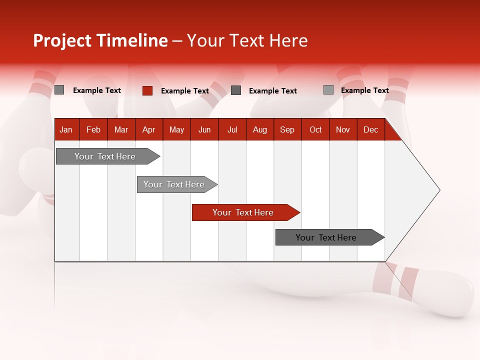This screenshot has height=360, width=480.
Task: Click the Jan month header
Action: pyautogui.click(x=66, y=129)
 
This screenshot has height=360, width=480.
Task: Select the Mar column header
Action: pyautogui.click(x=121, y=129)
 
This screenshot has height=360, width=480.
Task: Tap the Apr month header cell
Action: pyautogui.click(x=148, y=129)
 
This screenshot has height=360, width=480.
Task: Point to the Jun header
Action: pyautogui.click(x=204, y=129)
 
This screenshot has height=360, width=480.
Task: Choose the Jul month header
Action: pyautogui.click(x=232, y=129)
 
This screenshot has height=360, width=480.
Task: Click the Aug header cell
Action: pyautogui.click(x=259, y=129)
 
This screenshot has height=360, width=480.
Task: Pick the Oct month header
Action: pyautogui.click(x=315, y=129)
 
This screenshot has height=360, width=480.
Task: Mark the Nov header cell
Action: pyautogui.click(x=343, y=129)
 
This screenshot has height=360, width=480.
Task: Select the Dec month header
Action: pyautogui.click(x=370, y=129)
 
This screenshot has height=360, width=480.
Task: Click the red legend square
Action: pyautogui.click(x=147, y=90)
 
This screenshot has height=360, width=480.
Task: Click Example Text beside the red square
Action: pyautogui.click(x=184, y=91)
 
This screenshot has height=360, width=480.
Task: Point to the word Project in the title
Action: pyautogui.click(x=61, y=40)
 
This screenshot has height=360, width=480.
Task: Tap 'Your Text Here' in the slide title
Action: pyautogui.click(x=247, y=40)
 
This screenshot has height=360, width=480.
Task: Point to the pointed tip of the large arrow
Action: pyautogui.click(x=438, y=190)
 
